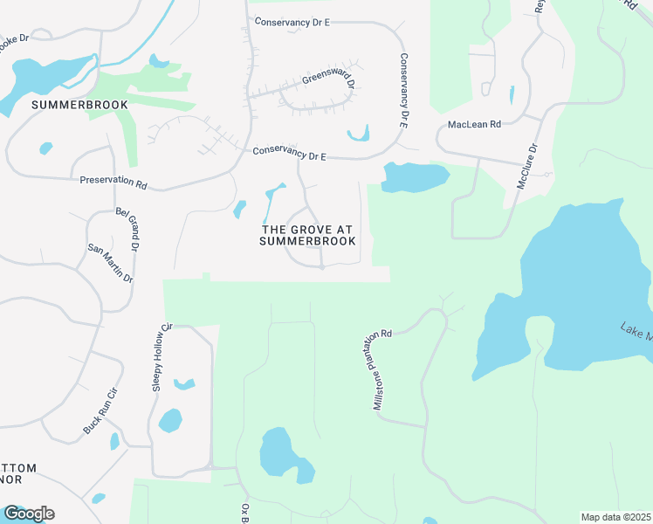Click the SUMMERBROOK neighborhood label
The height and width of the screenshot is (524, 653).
point(79,105)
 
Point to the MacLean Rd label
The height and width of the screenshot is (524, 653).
point(473,125)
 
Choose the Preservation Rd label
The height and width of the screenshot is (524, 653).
point(113,183)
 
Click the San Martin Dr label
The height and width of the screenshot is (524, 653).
point(110,262)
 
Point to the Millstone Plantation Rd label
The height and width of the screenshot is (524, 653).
point(383,369)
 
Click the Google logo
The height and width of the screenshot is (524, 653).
point(28,514)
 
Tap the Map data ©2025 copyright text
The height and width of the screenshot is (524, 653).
point(615,517)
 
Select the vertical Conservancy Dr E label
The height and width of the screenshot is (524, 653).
point(403,91)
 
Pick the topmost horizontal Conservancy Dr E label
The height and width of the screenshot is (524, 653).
point(292,21)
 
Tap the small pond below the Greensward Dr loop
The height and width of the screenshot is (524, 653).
point(359,135)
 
